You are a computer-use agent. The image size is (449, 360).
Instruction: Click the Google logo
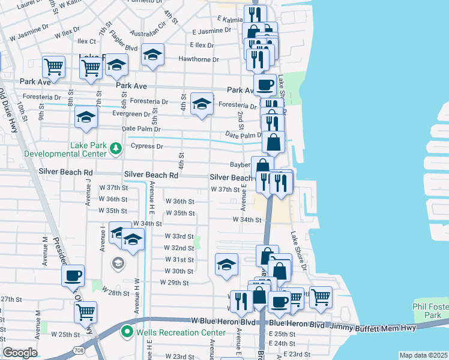pos(20,353)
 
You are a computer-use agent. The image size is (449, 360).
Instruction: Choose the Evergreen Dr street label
pos(130,113)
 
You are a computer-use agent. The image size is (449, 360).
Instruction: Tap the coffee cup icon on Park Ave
pos(265,84)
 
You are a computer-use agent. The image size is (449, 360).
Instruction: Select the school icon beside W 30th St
pos(226,264)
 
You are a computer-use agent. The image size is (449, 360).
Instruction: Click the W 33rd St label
pos(179,236)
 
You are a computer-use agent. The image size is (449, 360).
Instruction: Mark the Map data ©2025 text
pos(423,355)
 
